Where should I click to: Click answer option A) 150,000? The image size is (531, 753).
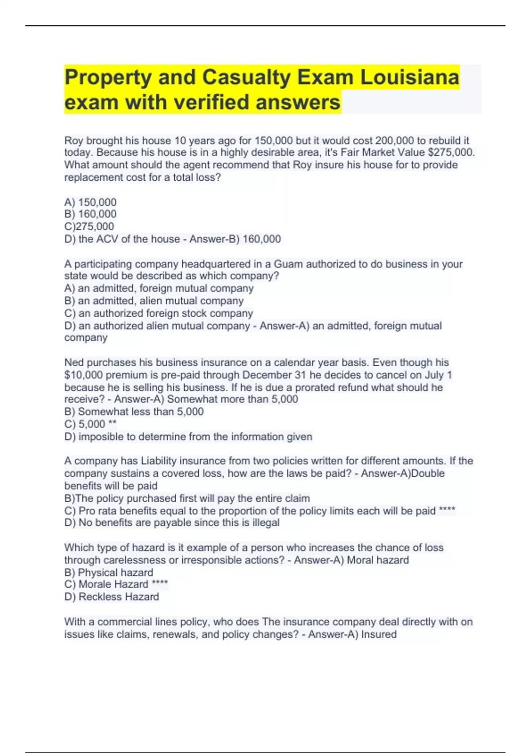[x=90, y=202]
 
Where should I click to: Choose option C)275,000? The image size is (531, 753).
[x=89, y=226]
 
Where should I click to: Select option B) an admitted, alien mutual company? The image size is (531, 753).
[x=154, y=301]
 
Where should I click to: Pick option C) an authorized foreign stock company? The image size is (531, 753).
[x=158, y=313]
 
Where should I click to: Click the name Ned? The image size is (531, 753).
[x=74, y=362]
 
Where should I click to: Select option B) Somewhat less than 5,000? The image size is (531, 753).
[x=134, y=411]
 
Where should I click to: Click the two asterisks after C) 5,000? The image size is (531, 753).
[x=112, y=424]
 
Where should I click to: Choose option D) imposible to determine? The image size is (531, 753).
[x=188, y=437]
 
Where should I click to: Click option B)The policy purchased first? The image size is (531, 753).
[x=187, y=498]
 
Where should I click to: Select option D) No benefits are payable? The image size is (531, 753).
[x=172, y=523]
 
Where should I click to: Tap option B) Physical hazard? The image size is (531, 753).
[x=108, y=572]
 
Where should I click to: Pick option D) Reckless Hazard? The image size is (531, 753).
[x=112, y=597]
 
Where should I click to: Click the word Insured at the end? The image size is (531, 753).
[x=379, y=634]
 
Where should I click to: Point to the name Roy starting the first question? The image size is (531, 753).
[x=73, y=140]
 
